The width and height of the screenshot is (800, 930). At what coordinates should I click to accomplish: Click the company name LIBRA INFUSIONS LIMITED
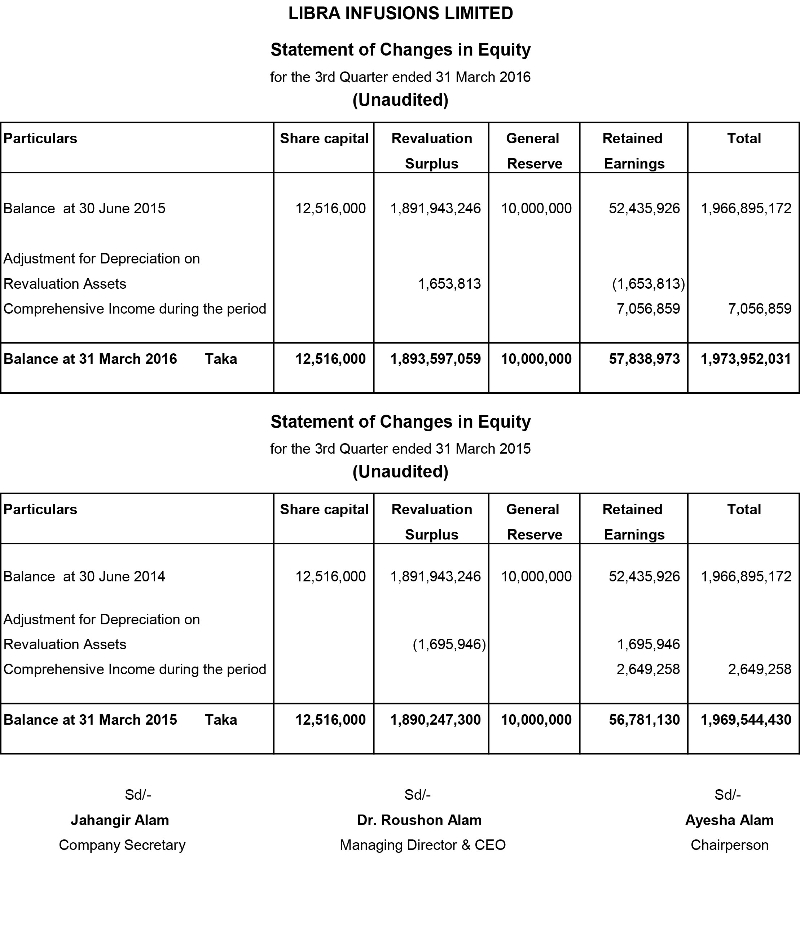point(400,13)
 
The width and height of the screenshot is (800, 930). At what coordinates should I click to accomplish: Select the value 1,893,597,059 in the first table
point(435,359)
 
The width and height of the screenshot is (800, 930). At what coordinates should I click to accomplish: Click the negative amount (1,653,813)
point(649,284)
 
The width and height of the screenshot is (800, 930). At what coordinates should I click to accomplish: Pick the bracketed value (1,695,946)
point(449,644)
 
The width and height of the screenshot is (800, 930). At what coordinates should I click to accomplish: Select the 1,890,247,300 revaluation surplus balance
point(435,720)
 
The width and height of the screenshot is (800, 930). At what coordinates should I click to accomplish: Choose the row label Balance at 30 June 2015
point(84,208)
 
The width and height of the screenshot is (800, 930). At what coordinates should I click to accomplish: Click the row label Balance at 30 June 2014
point(84,576)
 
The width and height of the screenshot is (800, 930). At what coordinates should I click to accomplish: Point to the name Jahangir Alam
point(120,820)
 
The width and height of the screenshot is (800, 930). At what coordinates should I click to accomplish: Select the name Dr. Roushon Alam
point(419,820)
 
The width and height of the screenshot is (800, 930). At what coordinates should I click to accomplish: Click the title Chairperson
point(729,845)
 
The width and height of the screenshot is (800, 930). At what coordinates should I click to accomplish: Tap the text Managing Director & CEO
point(422,845)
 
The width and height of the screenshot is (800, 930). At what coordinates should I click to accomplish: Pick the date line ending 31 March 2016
point(400,77)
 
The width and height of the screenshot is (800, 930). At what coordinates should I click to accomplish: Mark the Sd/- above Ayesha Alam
point(727,795)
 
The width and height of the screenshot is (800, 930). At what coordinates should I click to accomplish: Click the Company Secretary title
point(122,845)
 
